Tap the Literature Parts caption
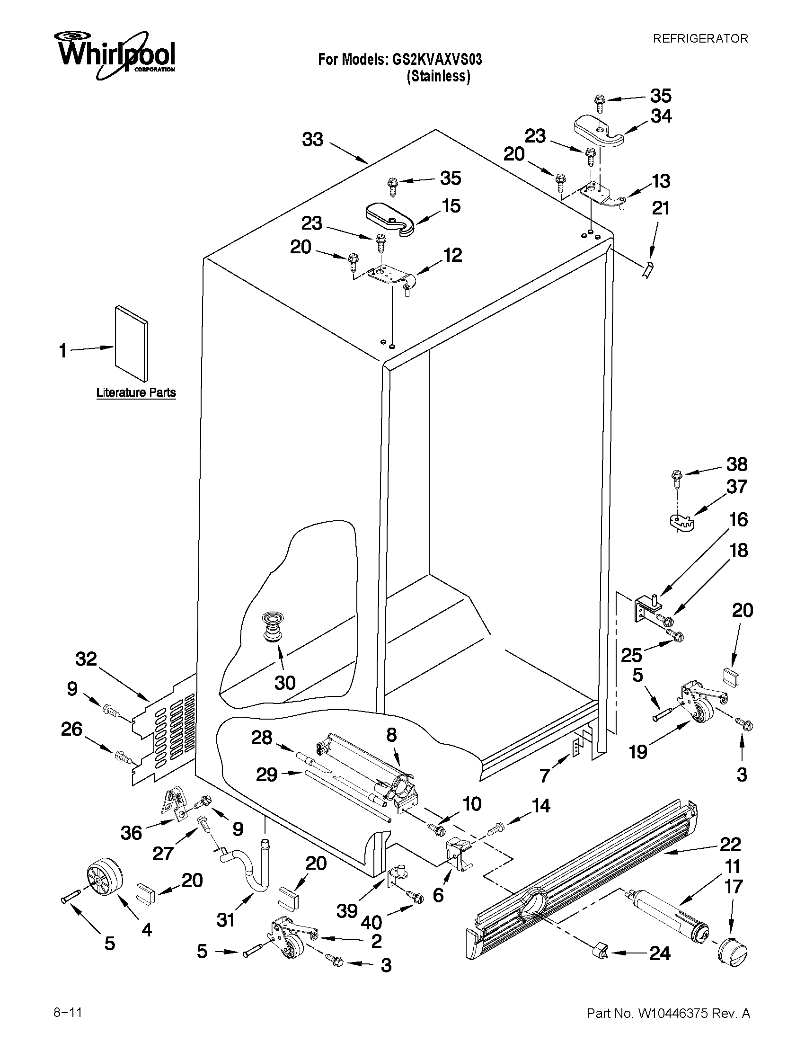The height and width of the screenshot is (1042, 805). [x=136, y=392]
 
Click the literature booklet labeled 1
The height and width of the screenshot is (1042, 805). [x=131, y=344]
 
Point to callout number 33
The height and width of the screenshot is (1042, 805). [x=313, y=140]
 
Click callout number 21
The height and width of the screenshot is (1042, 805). [x=661, y=208]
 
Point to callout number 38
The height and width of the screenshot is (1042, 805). [x=737, y=464]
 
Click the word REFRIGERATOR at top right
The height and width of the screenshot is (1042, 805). [x=700, y=39]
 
